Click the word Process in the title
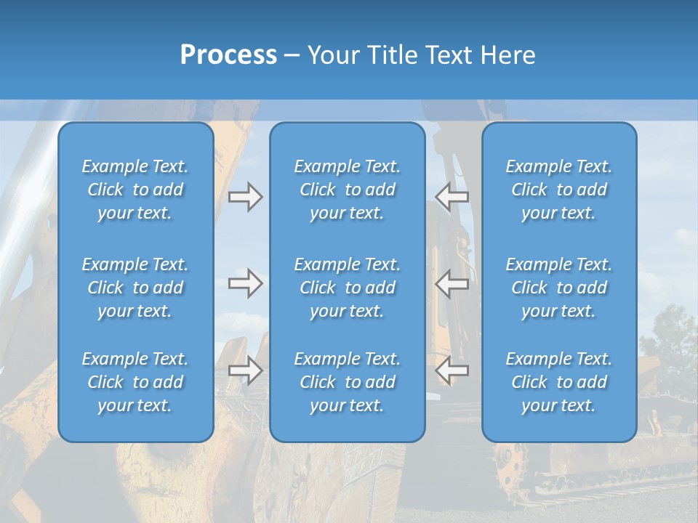coord(228,54)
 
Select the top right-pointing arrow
coord(245,197)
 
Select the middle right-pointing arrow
coord(245,283)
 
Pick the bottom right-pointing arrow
coord(245,370)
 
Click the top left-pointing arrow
coord(452,197)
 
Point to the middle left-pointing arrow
coord(452,283)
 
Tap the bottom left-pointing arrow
coord(452,370)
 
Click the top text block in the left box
coord(135,190)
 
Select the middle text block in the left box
coord(135,288)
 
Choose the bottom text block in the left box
coord(135,382)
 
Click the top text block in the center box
coord(347,190)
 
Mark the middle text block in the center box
coord(347,288)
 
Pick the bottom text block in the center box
coord(347,382)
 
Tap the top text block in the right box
coord(558,190)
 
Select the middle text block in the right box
coord(558,288)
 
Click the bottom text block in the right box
coord(558,382)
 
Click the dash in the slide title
coord(292,55)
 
